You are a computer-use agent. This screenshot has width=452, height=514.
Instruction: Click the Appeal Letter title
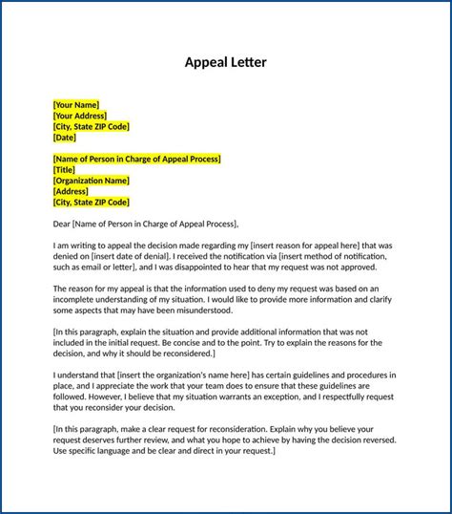pyautogui.click(x=226, y=63)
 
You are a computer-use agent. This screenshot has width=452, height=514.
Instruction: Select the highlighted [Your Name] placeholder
pyautogui.click(x=76, y=104)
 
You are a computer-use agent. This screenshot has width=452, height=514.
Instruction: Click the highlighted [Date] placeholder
pyautogui.click(x=65, y=138)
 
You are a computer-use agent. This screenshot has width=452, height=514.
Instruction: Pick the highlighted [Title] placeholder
pyautogui.click(x=65, y=169)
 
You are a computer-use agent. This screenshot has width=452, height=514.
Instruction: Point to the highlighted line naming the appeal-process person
pyautogui.click(x=137, y=159)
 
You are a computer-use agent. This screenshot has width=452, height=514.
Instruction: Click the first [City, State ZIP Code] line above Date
pyautogui.click(x=92, y=126)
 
